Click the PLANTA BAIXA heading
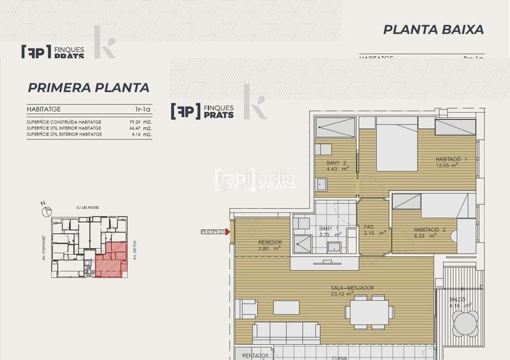(x=433, y=29)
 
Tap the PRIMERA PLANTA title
(x=89, y=88)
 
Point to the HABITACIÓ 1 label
(x=448, y=159)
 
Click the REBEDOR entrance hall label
(x=270, y=243)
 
